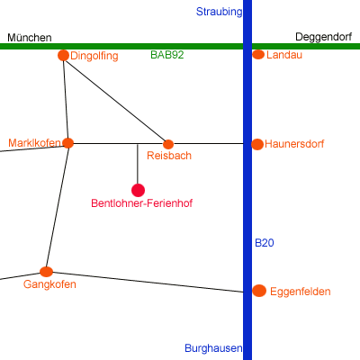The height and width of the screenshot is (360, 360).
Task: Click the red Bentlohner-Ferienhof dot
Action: coord(138,190)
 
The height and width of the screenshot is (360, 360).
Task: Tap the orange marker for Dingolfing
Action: coord(63,55)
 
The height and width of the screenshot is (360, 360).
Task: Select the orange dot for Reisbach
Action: coord(168,144)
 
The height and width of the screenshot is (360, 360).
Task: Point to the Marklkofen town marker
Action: coord(68,143)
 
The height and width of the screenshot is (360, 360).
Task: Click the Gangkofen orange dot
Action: coord(46,272)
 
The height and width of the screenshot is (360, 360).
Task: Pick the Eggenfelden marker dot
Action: coord(259,291)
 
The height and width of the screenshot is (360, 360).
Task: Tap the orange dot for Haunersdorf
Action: coord(257,144)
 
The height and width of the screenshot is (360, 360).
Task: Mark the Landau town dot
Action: coord(258,55)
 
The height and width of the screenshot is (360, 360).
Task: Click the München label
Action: coord(30,38)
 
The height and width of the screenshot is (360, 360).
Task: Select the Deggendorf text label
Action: coord(324,37)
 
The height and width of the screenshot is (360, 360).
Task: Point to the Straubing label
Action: coord(219,12)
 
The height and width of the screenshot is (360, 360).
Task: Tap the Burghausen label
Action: coord(213,348)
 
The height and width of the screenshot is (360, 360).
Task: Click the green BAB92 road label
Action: coord(167,55)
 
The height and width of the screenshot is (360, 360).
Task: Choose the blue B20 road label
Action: coord(265,243)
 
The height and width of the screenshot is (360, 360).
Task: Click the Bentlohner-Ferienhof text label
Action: coord(141,203)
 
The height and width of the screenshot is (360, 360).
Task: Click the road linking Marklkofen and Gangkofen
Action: coord(58,207)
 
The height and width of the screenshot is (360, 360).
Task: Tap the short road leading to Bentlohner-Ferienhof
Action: coord(138,164)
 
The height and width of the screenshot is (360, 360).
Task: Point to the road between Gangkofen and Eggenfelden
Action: coord(148,282)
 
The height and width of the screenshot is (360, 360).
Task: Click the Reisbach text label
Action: coord(169,156)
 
